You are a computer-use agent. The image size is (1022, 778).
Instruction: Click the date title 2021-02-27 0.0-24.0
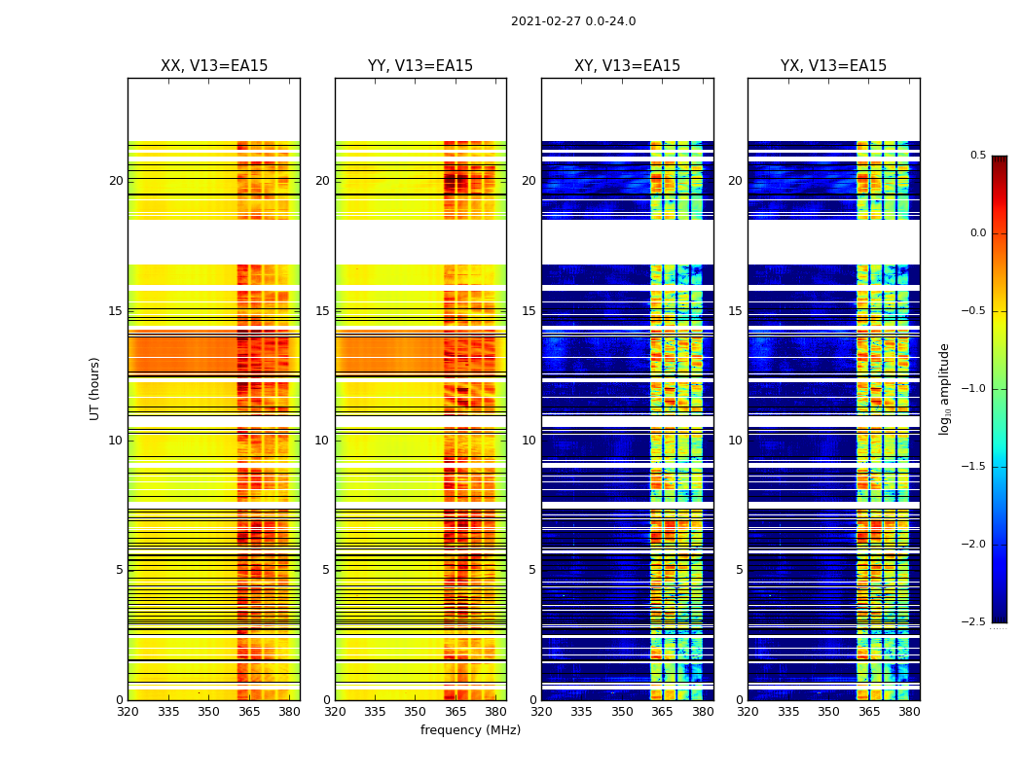pos(573,21)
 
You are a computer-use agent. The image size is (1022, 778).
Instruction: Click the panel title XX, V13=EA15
pos(214,66)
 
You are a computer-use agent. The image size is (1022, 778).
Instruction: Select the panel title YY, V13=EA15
pos(420,66)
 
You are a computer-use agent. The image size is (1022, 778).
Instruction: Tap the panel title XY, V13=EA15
pos(627,66)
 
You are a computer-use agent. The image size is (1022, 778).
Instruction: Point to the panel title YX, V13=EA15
pos(833,66)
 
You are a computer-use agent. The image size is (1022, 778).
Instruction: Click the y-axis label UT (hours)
pos(95,388)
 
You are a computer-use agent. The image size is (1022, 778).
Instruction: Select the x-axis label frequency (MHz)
pos(470,730)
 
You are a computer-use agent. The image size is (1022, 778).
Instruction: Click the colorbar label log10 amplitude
pos(943,389)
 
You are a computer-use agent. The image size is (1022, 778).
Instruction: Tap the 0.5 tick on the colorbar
pos(977,156)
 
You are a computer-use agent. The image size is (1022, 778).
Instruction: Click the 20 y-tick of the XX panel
pos(116,181)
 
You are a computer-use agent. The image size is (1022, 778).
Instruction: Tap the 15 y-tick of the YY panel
pos(322,311)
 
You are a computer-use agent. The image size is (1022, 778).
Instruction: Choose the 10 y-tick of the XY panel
pos(529,441)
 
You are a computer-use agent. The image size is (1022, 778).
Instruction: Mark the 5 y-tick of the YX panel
pos(739,570)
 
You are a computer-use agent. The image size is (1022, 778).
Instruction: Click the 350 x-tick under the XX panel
pos(208,711)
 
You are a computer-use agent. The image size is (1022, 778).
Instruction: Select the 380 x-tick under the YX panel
pos(909,711)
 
